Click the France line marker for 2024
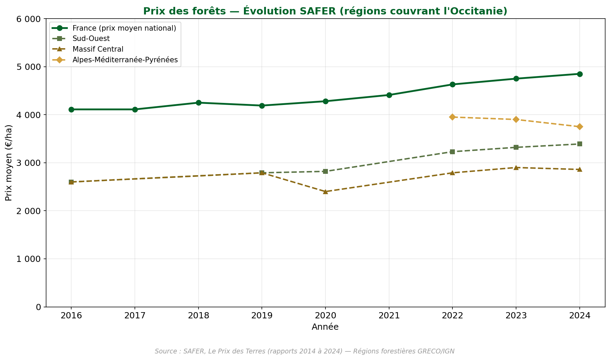[x=579, y=74]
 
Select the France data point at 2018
[x=199, y=103]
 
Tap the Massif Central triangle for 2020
[x=325, y=191]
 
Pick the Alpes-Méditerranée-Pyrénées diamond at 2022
[x=452, y=117]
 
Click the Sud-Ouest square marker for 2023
[x=516, y=147]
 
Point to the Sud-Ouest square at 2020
[x=325, y=171]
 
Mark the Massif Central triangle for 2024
[x=579, y=169]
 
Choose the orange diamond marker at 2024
[x=579, y=127]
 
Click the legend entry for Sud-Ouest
[x=91, y=39]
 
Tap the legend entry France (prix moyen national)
[x=124, y=28]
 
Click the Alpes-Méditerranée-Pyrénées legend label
[x=125, y=60]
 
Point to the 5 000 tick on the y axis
[x=29, y=67]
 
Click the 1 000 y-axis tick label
[x=29, y=259]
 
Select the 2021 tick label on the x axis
[x=389, y=316]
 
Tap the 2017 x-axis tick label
[x=135, y=316]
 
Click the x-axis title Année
[x=325, y=327]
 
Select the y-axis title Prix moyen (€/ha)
[x=9, y=162]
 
